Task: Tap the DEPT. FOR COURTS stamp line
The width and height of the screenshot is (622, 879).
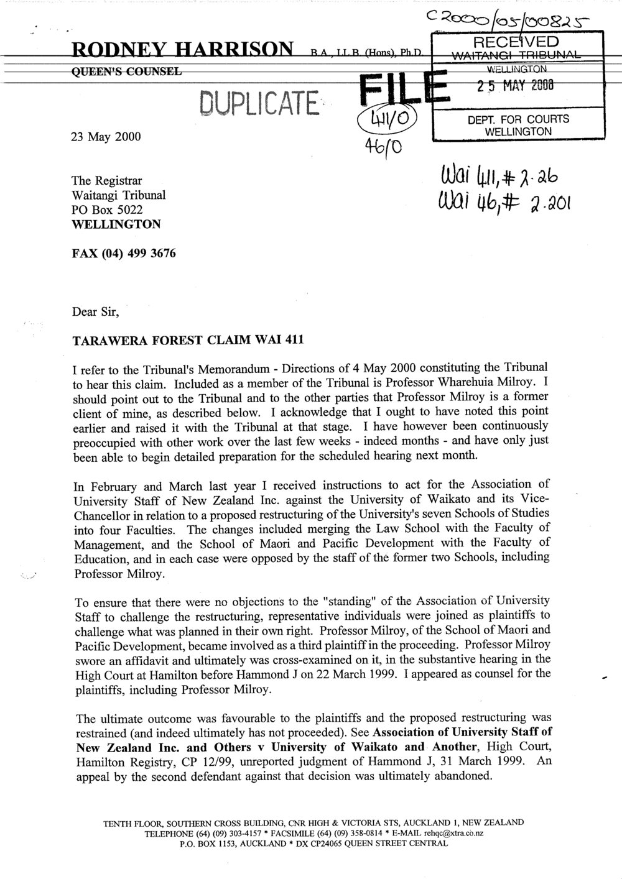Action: pyautogui.click(x=518, y=119)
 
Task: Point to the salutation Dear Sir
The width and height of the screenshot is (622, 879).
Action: pyautogui.click(x=93, y=306)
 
